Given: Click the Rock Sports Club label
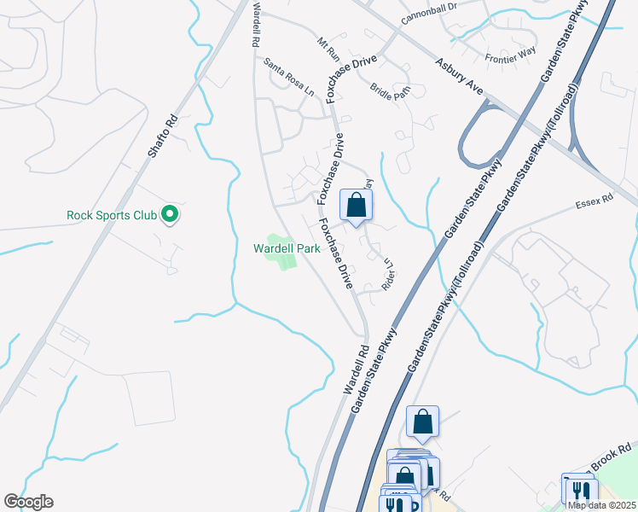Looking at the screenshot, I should (112, 215).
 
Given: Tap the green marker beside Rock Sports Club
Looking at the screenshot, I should (171, 214).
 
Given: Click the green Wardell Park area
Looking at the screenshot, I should (282, 255).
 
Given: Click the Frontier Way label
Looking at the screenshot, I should (509, 58).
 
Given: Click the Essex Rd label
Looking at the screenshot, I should (594, 201).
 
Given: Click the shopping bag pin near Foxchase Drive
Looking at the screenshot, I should (357, 206).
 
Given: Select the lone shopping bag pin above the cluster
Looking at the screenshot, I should (422, 422).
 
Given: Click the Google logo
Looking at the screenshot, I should (28, 502).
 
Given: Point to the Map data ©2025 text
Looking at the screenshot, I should (600, 505).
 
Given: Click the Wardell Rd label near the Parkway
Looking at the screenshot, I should (356, 369).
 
